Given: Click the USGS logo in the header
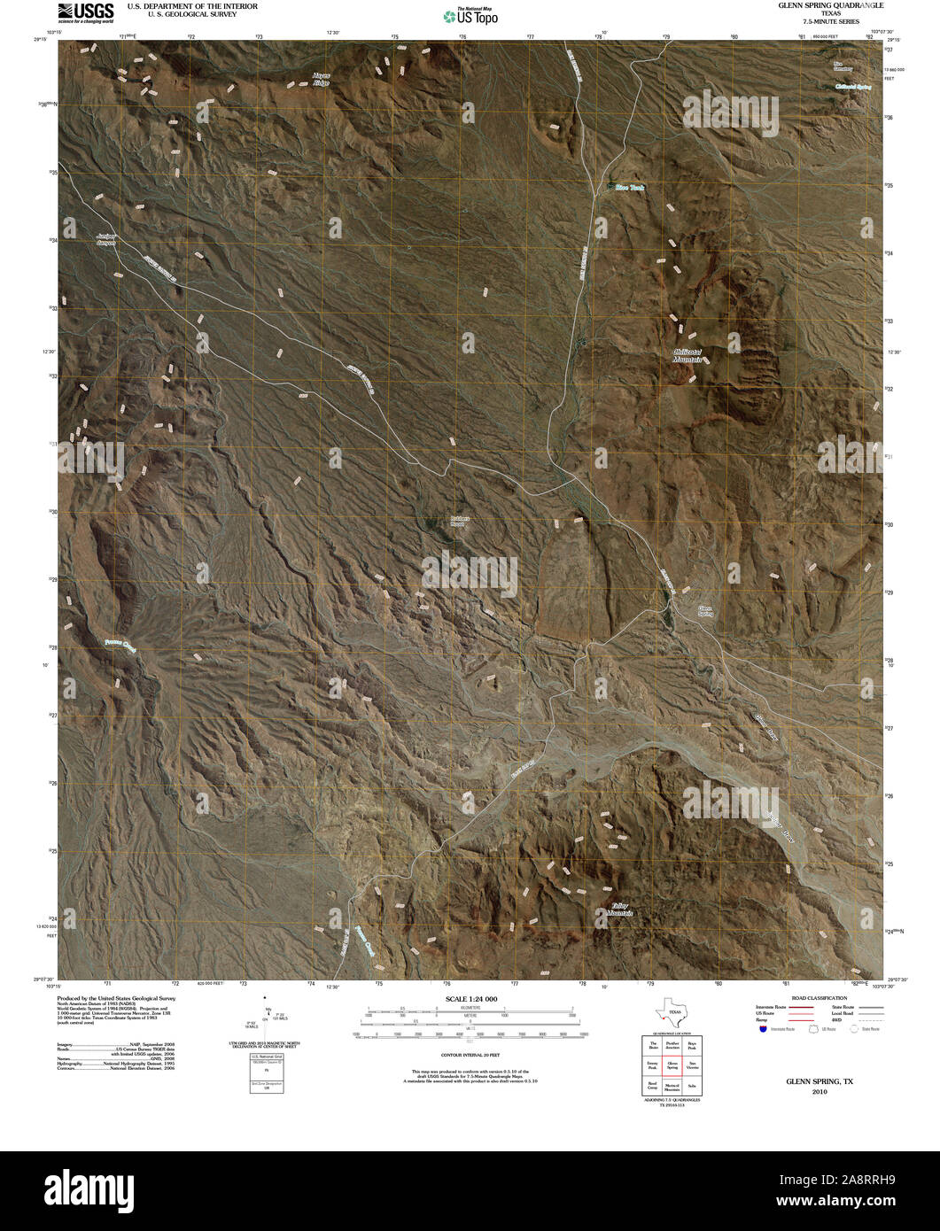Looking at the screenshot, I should click(x=86, y=11).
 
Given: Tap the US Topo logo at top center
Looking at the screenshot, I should click(x=470, y=15).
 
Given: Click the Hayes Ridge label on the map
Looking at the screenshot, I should click(x=320, y=79).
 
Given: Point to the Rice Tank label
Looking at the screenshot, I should click(x=630, y=188).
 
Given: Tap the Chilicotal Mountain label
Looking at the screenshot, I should click(x=688, y=356).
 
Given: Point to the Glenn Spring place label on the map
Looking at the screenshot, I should click(x=705, y=610).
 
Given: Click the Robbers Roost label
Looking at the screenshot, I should click(x=457, y=521).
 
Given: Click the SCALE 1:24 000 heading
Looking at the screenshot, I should click(x=472, y=999).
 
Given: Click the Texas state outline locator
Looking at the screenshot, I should click(x=671, y=1011).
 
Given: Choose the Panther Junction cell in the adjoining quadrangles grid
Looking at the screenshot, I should click(x=672, y=1046).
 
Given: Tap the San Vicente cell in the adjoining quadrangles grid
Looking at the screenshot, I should click(x=693, y=1065).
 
